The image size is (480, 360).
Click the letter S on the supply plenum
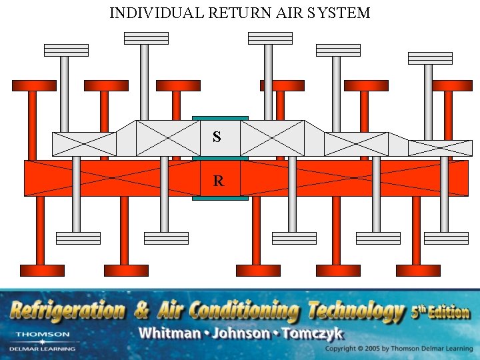[x=217, y=137]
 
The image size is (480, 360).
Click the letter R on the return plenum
[x=218, y=181]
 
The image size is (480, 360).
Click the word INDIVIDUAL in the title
[x=147, y=13]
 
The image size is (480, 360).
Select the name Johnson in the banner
[x=241, y=333]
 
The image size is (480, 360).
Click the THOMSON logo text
[x=43, y=334]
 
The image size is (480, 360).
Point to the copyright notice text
[x=399, y=349]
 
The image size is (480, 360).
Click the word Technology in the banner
[x=355, y=311]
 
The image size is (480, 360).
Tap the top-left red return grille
[x=34, y=85]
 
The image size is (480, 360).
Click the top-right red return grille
[x=452, y=85]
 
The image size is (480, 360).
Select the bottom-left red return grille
[x=42, y=270]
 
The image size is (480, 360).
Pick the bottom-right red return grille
[x=418, y=270]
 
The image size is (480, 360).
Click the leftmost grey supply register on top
[x=66, y=50]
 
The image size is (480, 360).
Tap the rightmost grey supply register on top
[x=430, y=58]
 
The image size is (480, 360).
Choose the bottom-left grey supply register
[x=78, y=238]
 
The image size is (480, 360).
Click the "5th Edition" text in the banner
[x=440, y=311]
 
